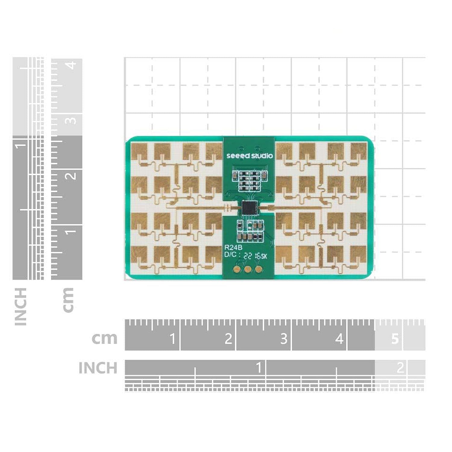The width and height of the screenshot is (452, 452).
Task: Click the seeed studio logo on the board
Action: (x=249, y=155)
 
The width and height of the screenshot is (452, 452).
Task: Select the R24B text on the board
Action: (x=233, y=248)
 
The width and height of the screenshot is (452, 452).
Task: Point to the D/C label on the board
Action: (x=231, y=255)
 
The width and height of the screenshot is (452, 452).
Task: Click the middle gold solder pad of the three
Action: (x=248, y=269)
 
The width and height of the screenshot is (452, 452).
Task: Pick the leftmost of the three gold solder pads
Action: (x=238, y=269)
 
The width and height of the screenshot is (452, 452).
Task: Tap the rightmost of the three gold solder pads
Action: (x=258, y=269)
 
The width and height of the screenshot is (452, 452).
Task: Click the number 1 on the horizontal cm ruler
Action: (x=172, y=339)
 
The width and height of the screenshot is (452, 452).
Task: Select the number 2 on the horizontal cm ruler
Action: (x=228, y=339)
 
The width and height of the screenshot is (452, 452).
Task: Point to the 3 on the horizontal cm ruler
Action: (x=284, y=339)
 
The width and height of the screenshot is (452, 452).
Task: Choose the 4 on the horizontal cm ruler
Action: (x=339, y=339)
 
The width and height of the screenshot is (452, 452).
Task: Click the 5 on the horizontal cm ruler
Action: (x=395, y=339)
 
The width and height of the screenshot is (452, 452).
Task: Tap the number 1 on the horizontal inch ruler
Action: (x=258, y=368)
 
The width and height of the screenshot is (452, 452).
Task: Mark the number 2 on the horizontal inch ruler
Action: (x=400, y=368)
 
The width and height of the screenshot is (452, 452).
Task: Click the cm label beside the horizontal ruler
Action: (x=104, y=338)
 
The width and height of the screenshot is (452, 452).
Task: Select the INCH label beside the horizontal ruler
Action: (x=98, y=368)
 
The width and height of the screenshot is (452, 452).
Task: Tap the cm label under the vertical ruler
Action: (x=68, y=300)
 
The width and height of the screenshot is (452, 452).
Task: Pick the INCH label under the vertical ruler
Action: (x=20, y=306)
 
